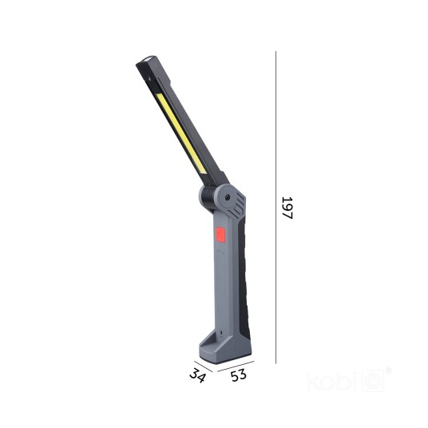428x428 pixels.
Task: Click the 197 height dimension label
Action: point(287,208)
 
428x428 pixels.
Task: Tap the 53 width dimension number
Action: point(239,375)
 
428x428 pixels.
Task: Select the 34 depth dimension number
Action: point(197,374)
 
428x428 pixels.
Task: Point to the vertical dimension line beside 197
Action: point(275,208)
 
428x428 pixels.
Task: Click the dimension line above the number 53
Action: point(236,367)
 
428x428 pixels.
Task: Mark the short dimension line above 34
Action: point(203,367)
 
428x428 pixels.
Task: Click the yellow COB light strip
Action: point(181,133)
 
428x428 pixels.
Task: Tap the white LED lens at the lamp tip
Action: point(149,59)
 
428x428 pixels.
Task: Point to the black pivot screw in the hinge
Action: point(227,197)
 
